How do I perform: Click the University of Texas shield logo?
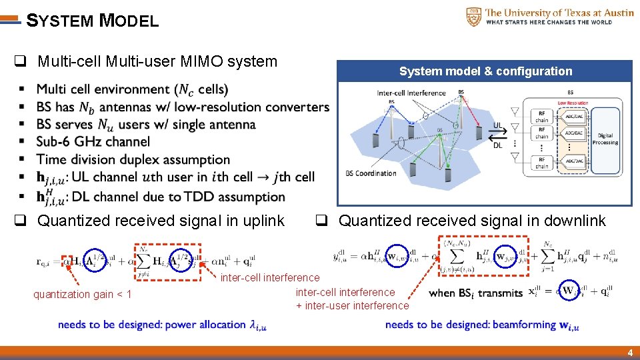tap(473, 17)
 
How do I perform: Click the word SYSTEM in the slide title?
tap(59, 21)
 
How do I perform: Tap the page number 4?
tap(629, 353)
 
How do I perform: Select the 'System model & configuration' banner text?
tap(485, 71)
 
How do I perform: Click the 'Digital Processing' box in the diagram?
tap(605, 139)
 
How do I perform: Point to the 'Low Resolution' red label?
tap(573, 103)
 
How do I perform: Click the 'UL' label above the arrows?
tap(498, 125)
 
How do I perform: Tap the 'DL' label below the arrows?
tap(498, 145)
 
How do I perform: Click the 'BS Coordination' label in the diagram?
tap(371, 173)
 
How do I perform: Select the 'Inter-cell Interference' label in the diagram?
tap(411, 93)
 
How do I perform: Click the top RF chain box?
tap(541, 117)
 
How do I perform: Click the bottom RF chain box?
tap(541, 163)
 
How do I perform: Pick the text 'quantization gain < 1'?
tap(83, 295)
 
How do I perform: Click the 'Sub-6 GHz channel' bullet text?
tap(93, 141)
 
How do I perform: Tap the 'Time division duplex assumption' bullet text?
tap(133, 159)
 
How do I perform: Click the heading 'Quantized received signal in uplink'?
tap(161, 221)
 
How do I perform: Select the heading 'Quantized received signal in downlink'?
tap(472, 221)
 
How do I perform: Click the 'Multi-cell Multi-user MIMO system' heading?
tap(157, 62)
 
